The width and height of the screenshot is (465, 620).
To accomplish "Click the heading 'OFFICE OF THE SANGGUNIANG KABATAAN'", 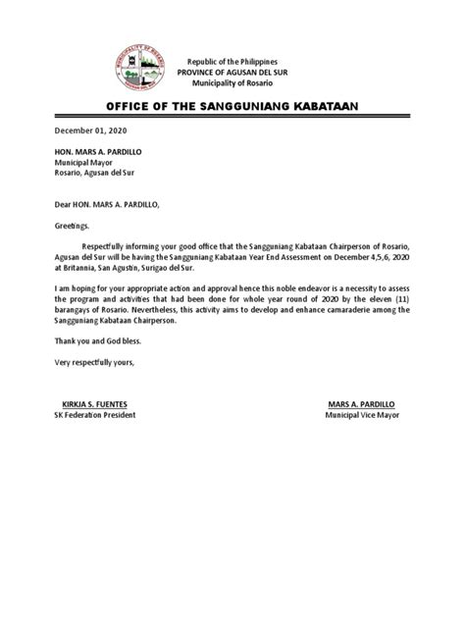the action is pyautogui.click(x=232, y=107).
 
